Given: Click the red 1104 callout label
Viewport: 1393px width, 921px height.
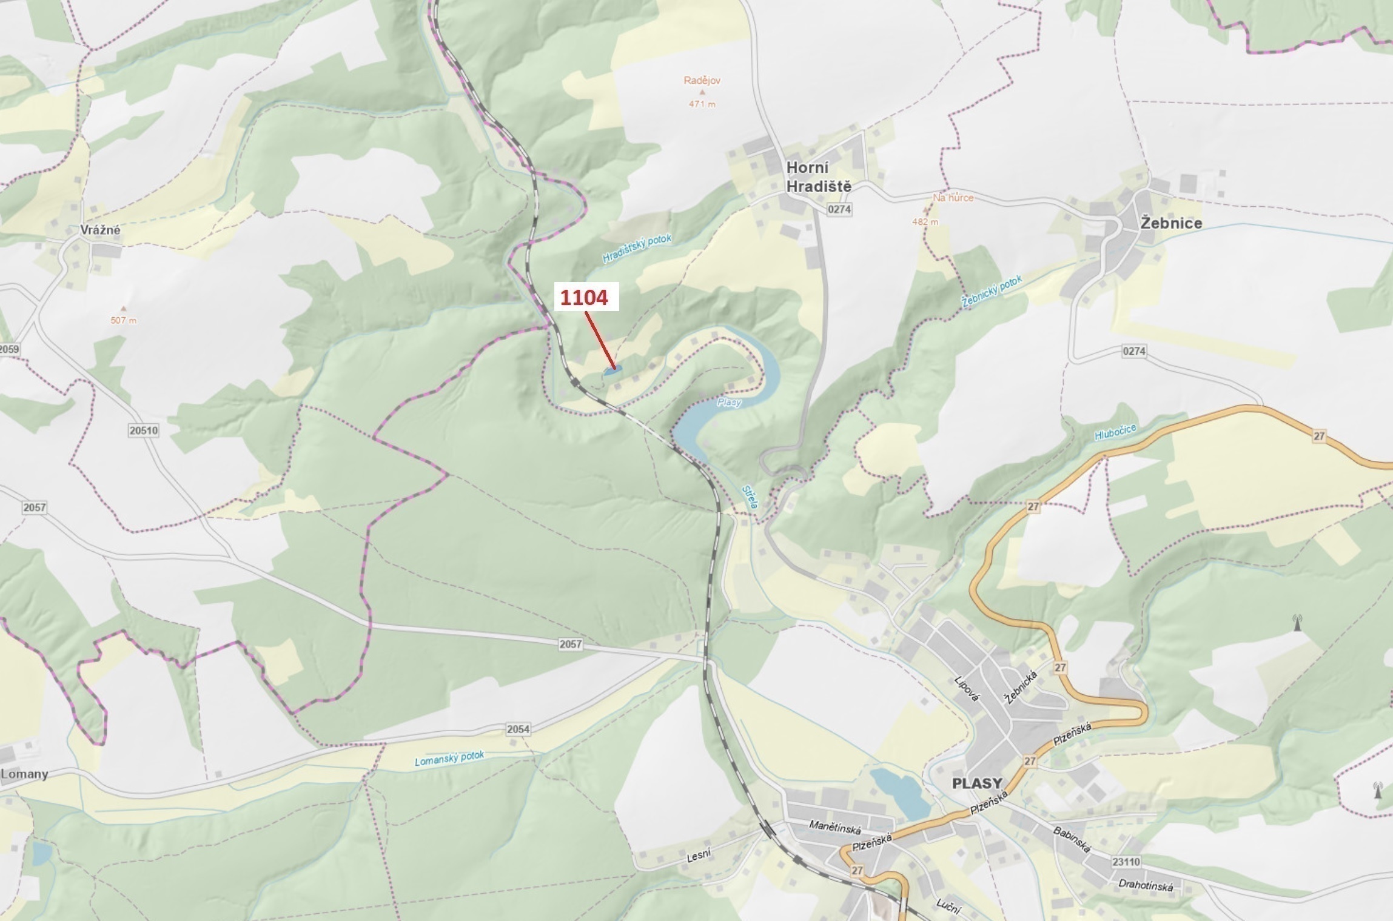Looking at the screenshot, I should pos(583,298).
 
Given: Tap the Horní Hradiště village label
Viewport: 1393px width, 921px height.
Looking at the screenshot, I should pos(818,176).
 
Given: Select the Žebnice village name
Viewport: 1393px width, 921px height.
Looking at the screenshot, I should pos(1170,223).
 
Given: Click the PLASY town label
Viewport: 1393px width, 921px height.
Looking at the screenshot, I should pos(976,783).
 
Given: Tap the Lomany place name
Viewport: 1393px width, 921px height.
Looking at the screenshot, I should pos(24,774).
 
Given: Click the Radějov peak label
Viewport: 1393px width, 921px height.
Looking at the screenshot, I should pos(702,81).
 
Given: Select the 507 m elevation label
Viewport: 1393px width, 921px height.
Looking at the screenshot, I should pos(123,320).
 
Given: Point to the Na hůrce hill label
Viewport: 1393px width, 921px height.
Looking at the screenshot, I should pos(953,198).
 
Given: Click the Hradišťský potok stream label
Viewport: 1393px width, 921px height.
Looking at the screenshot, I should pos(637,249).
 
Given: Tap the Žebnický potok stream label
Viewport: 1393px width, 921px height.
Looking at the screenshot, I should pos(992,292).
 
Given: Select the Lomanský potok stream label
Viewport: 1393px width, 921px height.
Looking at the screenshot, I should pos(449,758).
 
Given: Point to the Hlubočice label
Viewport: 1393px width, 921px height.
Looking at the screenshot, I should pos(1115,431).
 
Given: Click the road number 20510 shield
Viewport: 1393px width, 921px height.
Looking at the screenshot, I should pos(143,430).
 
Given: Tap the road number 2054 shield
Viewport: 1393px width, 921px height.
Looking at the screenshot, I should pos(518,729).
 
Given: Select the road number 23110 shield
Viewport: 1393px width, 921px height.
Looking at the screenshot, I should pos(1126,862).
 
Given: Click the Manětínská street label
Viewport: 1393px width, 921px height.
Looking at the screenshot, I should pos(834,826).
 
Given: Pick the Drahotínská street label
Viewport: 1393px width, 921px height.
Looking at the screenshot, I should pos(1145,885).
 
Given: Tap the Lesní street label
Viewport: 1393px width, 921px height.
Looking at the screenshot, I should pos(698,856).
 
